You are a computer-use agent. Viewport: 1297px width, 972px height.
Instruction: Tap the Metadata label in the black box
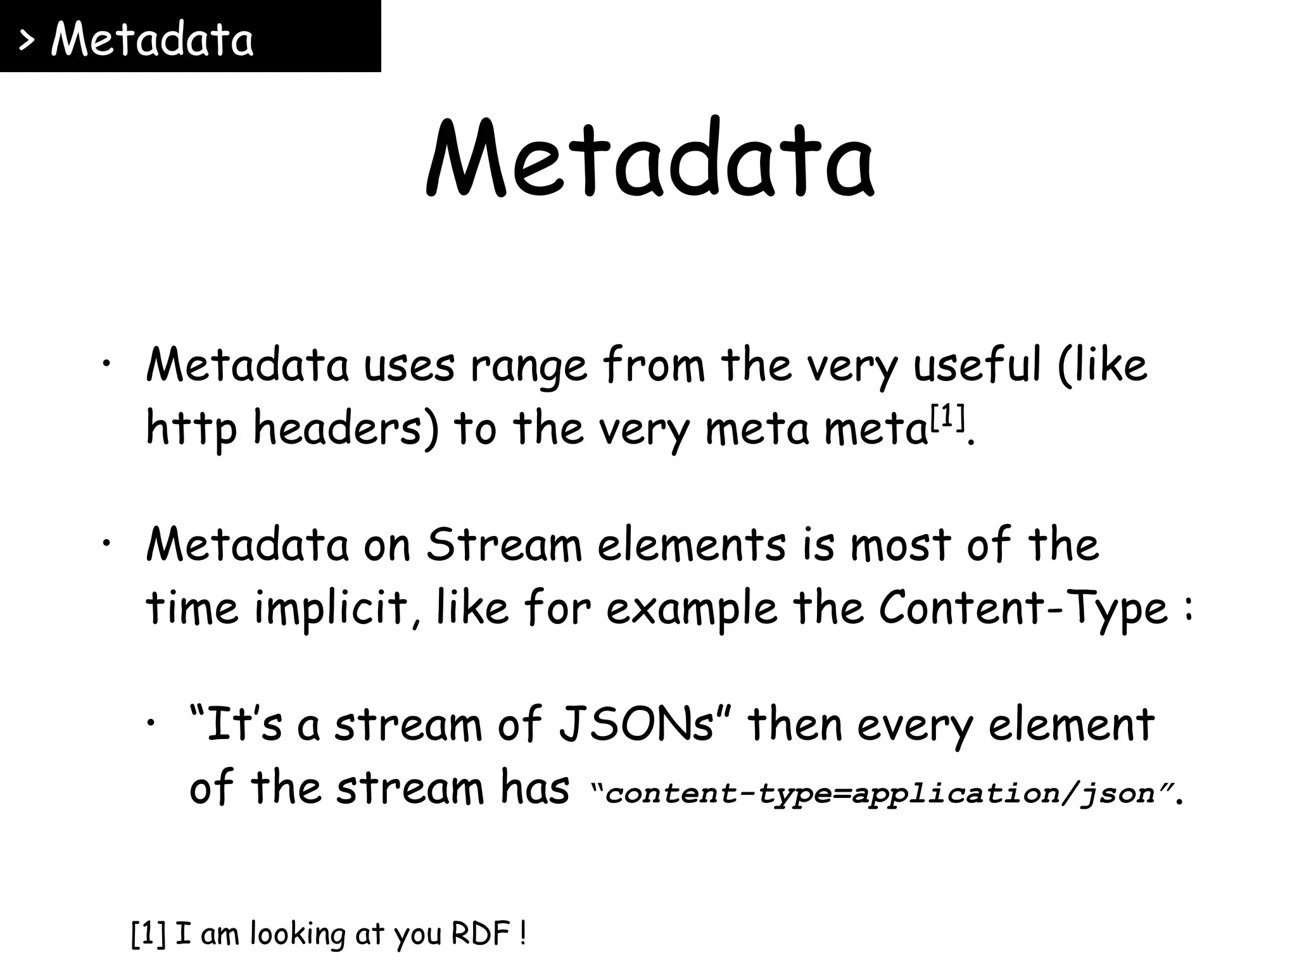coord(152,39)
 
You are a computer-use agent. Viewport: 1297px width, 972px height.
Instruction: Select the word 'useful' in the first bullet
coord(976,366)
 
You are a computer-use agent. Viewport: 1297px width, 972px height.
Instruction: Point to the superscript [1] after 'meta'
coord(946,418)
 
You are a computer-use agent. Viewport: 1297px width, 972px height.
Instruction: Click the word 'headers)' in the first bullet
coord(346,428)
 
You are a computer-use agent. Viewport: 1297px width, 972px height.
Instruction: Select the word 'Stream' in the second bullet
coord(503,545)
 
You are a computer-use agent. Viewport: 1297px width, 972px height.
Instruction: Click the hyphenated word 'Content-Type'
coord(1023,609)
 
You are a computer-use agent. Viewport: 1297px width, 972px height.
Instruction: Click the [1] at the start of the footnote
coord(148,934)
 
